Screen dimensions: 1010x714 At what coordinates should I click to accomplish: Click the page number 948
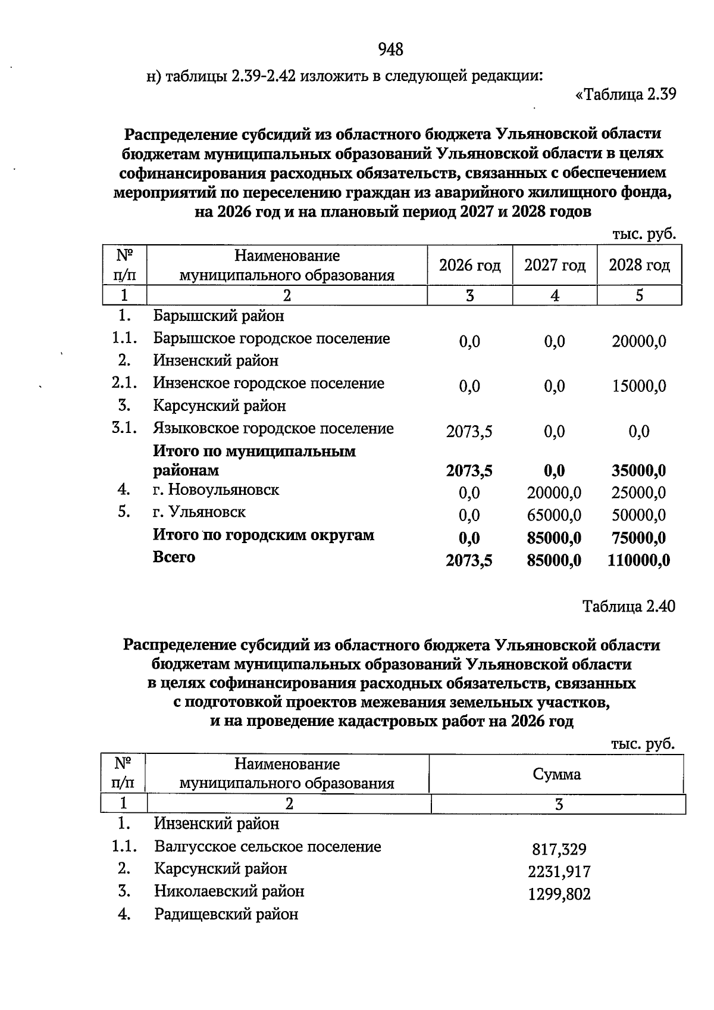point(391,49)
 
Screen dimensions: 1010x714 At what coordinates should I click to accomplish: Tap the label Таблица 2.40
point(629,606)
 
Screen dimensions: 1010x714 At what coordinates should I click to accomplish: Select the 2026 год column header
point(469,266)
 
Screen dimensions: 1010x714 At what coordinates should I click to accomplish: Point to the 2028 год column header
point(639,266)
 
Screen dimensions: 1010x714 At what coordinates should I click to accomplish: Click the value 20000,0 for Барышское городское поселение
point(639,341)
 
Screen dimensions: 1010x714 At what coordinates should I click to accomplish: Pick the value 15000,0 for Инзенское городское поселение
point(639,386)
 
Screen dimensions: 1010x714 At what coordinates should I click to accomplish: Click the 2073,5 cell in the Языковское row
point(469,432)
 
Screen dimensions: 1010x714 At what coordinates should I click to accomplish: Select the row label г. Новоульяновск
point(216,490)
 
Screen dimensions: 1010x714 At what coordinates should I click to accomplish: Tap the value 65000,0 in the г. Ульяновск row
point(554,515)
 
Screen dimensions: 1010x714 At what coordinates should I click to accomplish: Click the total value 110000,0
point(638,560)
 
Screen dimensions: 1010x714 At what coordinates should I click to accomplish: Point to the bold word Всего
point(174,557)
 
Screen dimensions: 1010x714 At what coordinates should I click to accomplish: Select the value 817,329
point(559,850)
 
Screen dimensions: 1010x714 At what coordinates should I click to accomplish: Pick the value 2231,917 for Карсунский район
point(559,872)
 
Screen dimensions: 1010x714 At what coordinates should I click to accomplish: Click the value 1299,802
point(559,894)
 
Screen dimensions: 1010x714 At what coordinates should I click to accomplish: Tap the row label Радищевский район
point(226,914)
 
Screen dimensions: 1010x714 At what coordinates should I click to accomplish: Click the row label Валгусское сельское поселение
point(268,847)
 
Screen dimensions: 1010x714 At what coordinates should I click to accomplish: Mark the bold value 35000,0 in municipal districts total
point(638,471)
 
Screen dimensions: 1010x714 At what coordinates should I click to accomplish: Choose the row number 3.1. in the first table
point(124,428)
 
